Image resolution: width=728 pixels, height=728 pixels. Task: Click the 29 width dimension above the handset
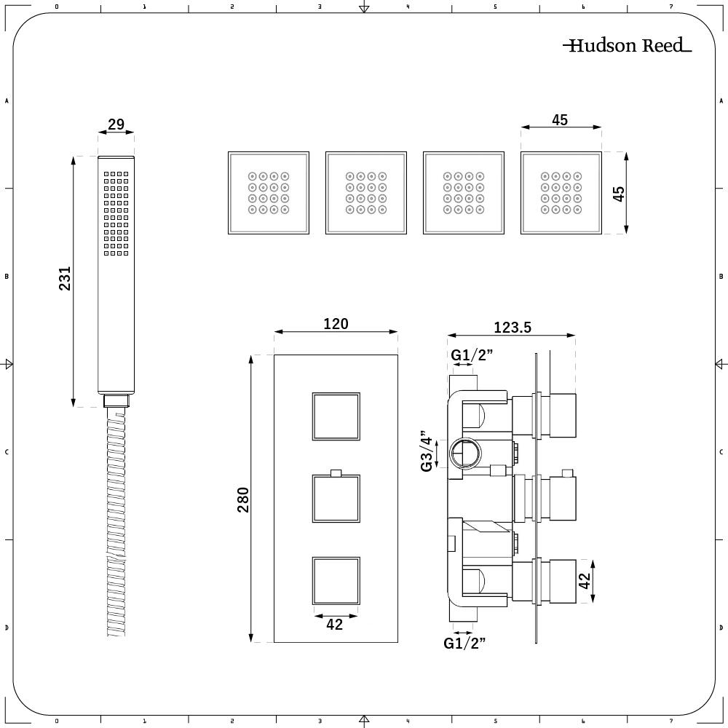pyautogui.click(x=116, y=124)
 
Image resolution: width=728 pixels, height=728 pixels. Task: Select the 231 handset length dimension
pyautogui.click(x=66, y=279)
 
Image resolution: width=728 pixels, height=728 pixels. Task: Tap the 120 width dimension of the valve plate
pyautogui.click(x=336, y=323)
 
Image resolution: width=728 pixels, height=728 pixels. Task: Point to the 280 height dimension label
pyautogui.click(x=243, y=499)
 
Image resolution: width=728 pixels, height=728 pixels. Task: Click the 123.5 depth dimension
pyautogui.click(x=513, y=328)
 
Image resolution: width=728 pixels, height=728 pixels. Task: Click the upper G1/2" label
pyautogui.click(x=472, y=355)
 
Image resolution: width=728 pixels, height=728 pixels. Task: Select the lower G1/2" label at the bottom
pyautogui.click(x=464, y=642)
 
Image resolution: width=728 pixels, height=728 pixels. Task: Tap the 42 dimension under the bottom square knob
pyautogui.click(x=334, y=624)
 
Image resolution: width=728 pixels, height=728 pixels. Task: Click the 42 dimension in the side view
pyautogui.click(x=585, y=582)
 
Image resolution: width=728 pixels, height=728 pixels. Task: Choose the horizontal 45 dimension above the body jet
pyautogui.click(x=560, y=120)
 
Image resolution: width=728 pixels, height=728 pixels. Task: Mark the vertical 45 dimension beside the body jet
pyautogui.click(x=619, y=194)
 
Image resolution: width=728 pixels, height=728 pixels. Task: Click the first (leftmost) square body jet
pyautogui.click(x=269, y=193)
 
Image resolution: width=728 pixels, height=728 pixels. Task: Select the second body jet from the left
pyautogui.click(x=365, y=193)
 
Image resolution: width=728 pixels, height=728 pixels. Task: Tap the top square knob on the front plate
pyautogui.click(x=336, y=416)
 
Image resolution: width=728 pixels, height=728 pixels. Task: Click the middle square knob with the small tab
pyautogui.click(x=336, y=499)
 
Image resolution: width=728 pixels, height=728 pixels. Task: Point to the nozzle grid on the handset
pyautogui.click(x=116, y=213)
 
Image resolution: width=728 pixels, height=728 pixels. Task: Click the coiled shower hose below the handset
pyautogui.click(x=116, y=524)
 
